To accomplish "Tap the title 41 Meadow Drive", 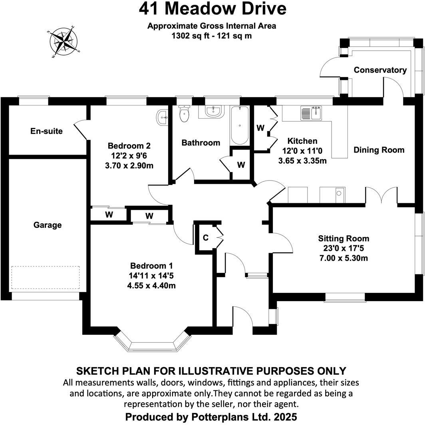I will (x=212, y=8).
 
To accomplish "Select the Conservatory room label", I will (x=380, y=70).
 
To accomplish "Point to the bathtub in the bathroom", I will (x=239, y=125).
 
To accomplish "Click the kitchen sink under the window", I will (x=311, y=113).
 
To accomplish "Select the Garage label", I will (x=48, y=225).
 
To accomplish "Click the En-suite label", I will (x=47, y=131).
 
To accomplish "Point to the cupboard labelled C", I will (x=206, y=238).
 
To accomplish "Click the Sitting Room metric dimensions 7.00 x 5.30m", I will (x=344, y=258).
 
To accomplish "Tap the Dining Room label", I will (x=379, y=150).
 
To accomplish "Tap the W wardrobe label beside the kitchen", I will (x=260, y=128).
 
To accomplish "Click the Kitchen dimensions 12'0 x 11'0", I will (x=302, y=151).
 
